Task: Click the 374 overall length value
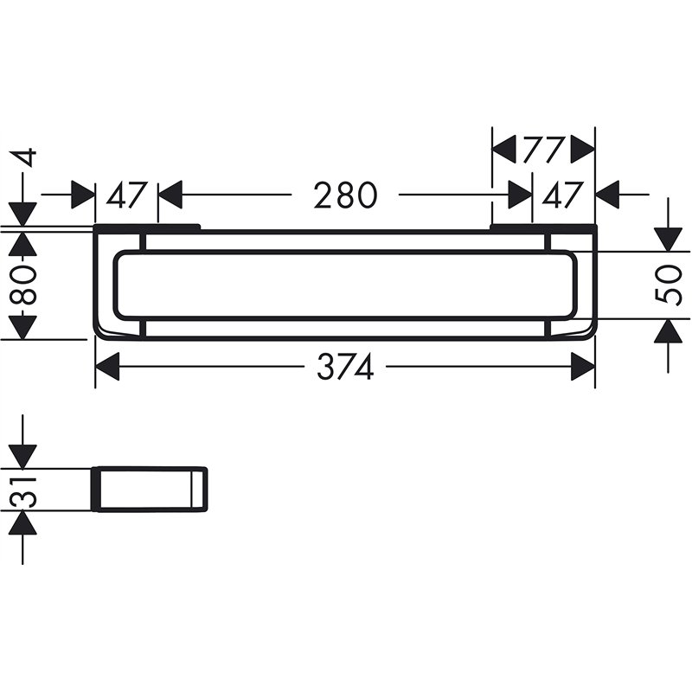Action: [x=344, y=368]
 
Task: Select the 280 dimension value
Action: [x=345, y=195]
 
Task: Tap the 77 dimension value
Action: [x=543, y=150]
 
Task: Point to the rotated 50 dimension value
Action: [x=668, y=285]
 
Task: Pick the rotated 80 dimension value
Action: [x=25, y=285]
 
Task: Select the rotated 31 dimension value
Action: [x=25, y=490]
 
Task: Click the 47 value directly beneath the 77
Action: [x=563, y=195]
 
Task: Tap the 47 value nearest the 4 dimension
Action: [x=127, y=195]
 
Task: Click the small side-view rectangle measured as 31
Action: [x=150, y=490]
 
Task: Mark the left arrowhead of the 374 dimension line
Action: [x=106, y=368]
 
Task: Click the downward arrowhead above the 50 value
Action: [x=668, y=239]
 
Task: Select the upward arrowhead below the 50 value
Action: [x=668, y=331]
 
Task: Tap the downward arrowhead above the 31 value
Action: [x=25, y=456]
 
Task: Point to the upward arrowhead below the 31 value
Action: [x=25, y=522]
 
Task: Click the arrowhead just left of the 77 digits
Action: [x=504, y=150]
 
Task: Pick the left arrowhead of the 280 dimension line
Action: [x=170, y=195]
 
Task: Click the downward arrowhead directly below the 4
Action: [x=25, y=214]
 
